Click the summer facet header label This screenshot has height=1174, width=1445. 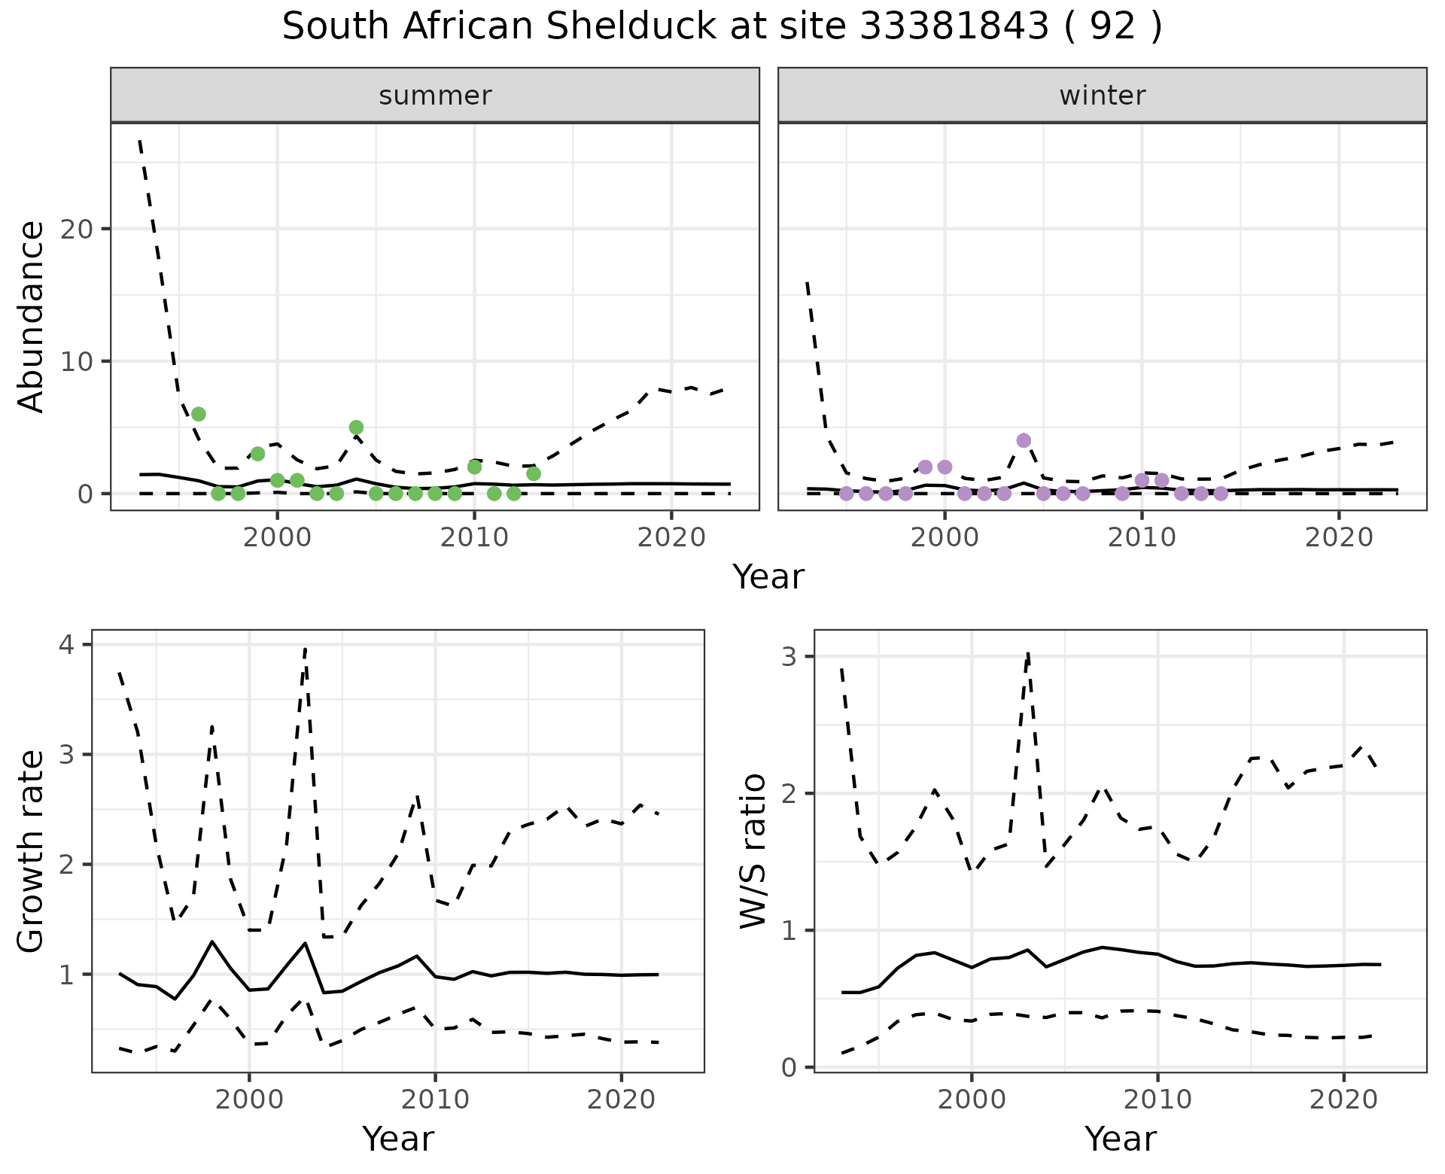coord(435,96)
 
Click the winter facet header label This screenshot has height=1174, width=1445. coord(1102,96)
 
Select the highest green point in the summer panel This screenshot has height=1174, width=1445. coord(199,414)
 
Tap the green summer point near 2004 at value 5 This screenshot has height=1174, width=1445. coord(357,427)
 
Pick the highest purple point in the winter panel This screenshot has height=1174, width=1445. coord(1024,440)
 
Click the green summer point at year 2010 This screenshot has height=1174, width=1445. coord(474,467)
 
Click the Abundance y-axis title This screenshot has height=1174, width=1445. coord(32,316)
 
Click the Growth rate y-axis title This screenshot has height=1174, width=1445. coord(32,850)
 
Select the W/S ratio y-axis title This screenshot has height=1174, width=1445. coord(753,850)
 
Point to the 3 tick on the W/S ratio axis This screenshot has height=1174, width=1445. coord(790,656)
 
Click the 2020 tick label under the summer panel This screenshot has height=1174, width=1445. coord(671,538)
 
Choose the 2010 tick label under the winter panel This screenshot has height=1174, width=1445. coord(1142,538)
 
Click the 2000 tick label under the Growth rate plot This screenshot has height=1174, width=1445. coord(249,1099)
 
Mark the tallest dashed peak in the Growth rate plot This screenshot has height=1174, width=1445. coord(305,647)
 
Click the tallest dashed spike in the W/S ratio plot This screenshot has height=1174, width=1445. coord(1028,653)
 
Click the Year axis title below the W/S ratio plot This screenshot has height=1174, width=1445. coord(1120,1139)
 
